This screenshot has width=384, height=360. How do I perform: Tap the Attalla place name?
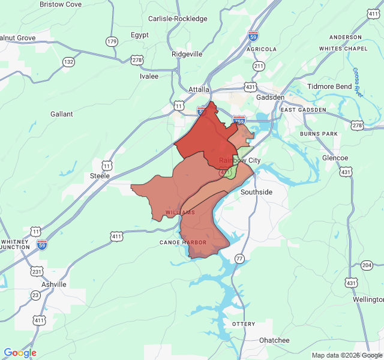[x=199, y=89]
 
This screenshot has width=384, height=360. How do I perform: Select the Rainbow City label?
[x=239, y=160]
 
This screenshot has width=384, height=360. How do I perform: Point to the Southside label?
[x=256, y=192]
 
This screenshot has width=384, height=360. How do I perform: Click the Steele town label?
[x=100, y=176]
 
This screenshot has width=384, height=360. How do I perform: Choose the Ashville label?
[x=54, y=284]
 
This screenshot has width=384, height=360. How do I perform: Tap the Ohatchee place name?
[x=274, y=340]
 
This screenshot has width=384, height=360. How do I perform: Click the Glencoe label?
[x=335, y=158]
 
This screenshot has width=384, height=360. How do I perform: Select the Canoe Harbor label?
[x=183, y=242]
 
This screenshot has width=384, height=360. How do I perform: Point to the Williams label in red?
[x=180, y=212]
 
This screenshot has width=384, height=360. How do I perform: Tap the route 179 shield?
[x=112, y=41]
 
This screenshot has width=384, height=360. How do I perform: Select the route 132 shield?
[x=69, y=62]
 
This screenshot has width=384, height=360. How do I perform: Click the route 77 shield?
[x=239, y=258]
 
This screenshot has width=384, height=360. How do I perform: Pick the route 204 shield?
[x=367, y=265]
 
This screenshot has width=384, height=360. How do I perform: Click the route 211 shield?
[x=259, y=65]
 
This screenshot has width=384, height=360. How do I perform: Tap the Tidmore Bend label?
[x=329, y=86]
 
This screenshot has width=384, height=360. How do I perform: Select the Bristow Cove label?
[x=60, y=4]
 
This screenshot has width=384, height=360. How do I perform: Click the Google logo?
[x=20, y=353]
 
